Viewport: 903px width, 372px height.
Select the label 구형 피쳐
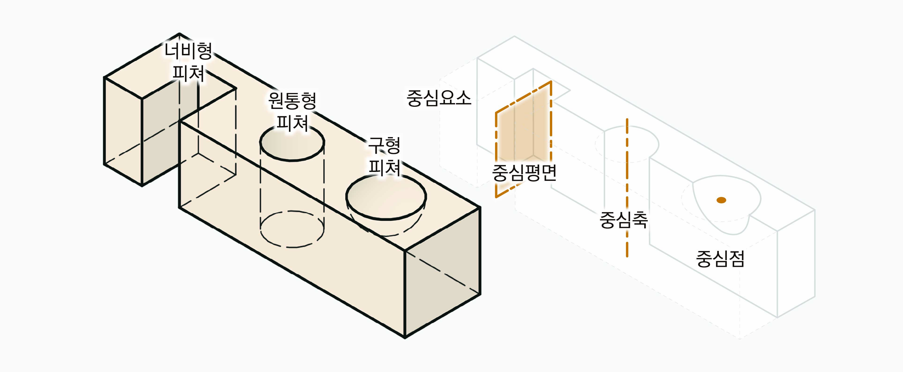(x=384, y=156)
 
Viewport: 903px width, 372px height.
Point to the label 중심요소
(x=439, y=98)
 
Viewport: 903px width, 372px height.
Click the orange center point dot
(x=721, y=200)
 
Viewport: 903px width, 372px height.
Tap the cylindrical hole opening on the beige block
(x=292, y=144)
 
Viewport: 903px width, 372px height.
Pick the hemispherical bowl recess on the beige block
(x=386, y=200)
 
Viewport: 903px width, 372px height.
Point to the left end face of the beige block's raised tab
(x=123, y=130)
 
